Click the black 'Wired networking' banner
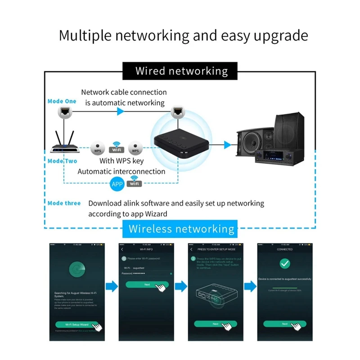[x=181, y=71]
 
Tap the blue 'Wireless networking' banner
[x=181, y=229]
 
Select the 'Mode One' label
[x=62, y=101]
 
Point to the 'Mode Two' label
[x=62, y=161]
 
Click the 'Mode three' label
[x=64, y=203]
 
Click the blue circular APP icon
[x=117, y=183]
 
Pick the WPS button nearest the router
[x=98, y=149]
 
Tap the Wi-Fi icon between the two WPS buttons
[x=117, y=147]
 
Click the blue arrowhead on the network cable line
[x=120, y=111]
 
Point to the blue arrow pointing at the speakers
[x=227, y=145]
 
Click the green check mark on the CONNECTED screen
[x=285, y=264]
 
